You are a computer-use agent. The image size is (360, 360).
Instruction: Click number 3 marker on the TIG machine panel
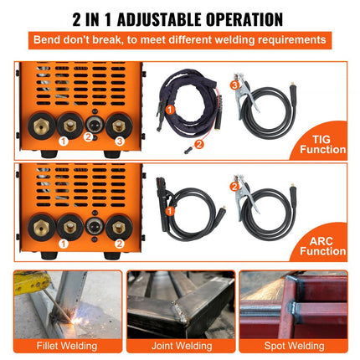pos(120,141)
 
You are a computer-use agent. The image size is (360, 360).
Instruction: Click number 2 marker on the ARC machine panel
pos(120,243)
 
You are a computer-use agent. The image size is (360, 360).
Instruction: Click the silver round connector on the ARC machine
pos(95,227)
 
